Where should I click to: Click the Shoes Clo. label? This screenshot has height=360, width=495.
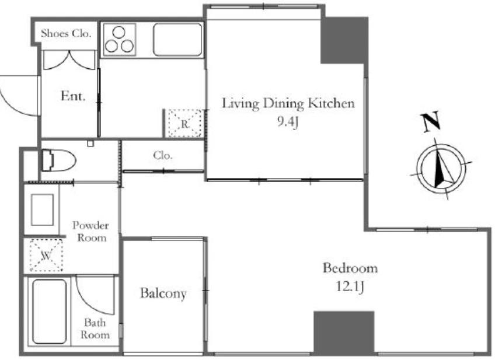point(66,33)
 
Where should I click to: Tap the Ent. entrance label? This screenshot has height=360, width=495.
point(73,96)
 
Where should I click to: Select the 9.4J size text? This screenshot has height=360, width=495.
point(288,122)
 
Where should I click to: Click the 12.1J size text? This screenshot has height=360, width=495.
point(350,286)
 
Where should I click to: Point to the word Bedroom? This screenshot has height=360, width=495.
point(350,268)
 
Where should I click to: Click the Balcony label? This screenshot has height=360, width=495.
point(163,293)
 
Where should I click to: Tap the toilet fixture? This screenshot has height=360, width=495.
point(59,160)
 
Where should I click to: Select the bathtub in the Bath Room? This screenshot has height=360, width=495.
point(50,312)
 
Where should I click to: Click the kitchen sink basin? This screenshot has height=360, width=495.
point(177,40)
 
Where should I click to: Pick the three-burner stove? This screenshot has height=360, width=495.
point(119,40)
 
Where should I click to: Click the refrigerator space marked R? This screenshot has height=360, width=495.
point(184,123)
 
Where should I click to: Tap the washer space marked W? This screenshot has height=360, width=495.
point(46,256)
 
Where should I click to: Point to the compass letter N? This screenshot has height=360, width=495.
point(431,121)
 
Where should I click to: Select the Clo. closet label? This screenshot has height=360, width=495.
point(163,155)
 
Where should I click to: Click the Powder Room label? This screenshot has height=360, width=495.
point(90,231)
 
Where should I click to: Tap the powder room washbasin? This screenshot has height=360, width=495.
point(43,210)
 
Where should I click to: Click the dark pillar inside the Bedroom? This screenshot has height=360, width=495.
point(344,332)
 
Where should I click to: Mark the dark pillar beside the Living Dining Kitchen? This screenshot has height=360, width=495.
point(344,40)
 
